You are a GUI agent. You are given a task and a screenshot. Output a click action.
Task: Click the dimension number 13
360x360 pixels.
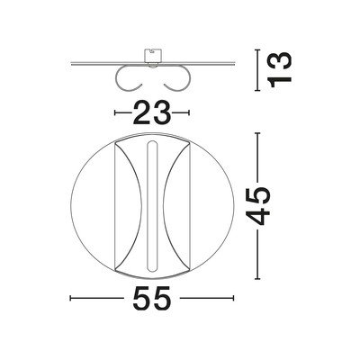click(281, 69)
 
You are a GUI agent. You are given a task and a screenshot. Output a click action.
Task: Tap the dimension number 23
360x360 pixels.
click(152, 112)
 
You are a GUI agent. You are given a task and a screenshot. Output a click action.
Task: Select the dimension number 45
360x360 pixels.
click(258, 206)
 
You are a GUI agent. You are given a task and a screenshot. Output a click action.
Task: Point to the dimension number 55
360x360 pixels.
click(152, 298)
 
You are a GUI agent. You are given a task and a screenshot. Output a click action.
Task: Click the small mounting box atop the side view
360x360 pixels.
click(152, 56)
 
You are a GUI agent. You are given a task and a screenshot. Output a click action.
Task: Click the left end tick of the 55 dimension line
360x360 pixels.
click(70, 298)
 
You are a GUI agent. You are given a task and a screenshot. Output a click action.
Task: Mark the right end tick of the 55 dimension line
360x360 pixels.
click(233, 298)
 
